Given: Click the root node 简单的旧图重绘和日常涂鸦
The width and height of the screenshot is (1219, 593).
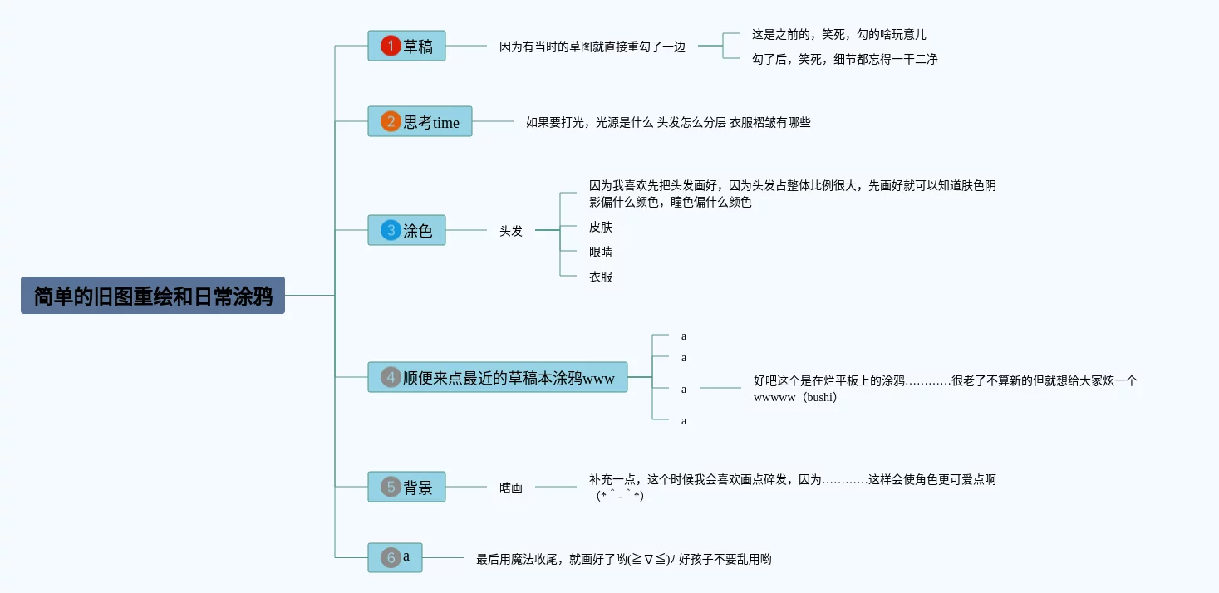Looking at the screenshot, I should tap(153, 296).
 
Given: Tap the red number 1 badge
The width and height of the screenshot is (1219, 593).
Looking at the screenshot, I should tap(391, 46).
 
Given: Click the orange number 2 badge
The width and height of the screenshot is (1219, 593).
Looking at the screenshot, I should tap(391, 122).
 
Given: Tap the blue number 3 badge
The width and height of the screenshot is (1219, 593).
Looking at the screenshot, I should tap(391, 230).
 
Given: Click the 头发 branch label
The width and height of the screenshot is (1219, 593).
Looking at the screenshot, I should tap(511, 231).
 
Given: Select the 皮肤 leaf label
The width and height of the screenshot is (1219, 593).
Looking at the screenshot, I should tap(600, 227).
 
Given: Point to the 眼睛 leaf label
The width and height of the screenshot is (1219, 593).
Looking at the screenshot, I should tap(600, 252).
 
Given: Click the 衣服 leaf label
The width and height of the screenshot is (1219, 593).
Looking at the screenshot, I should tap(600, 277).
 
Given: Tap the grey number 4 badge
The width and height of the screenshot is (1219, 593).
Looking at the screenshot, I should tap(391, 377).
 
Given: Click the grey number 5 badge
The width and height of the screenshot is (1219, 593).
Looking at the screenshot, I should tap(391, 487).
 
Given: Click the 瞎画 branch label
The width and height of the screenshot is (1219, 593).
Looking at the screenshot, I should tap(511, 488).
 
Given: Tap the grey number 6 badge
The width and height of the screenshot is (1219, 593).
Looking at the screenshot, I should tap(391, 557).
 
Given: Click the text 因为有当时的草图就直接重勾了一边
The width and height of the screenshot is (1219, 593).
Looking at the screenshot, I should tap(592, 47).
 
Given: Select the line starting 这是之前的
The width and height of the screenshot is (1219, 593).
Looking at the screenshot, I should tap(838, 34).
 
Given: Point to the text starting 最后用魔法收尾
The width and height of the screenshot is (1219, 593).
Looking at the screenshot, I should tap(623, 559).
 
